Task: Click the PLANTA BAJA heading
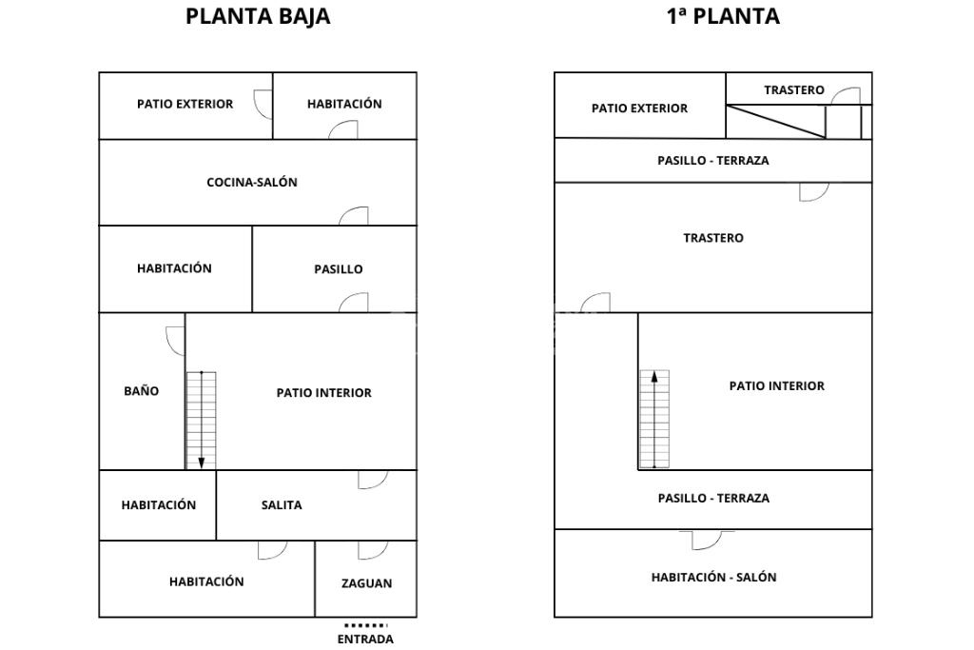258,16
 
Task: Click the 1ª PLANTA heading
723,16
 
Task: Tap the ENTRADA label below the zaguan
365,640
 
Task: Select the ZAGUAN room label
366,583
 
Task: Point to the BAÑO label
141,391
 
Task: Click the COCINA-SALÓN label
252,183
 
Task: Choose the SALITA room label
282,505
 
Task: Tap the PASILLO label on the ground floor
338,269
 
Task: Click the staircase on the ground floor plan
201,420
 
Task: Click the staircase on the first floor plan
654,420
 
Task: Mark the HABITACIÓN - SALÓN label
713,577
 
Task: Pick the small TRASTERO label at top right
794,90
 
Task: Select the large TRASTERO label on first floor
713,238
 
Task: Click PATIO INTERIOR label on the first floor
776,386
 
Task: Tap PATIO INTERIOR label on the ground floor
323,393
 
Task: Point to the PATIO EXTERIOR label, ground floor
185,104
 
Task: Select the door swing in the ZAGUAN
372,549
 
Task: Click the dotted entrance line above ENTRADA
365,625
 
